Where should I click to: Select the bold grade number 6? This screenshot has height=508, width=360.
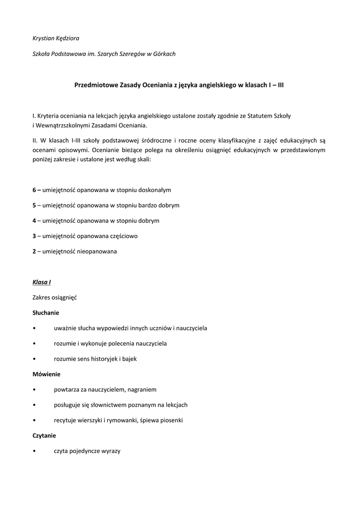[34, 190]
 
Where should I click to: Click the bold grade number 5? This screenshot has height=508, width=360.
[34, 205]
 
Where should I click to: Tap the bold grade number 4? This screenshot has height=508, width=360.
[34, 221]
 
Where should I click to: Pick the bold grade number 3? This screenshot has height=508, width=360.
[34, 236]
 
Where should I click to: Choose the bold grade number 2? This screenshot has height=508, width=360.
[34, 252]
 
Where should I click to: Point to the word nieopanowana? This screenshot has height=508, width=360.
[97, 252]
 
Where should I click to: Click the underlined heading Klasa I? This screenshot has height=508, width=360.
[42, 282]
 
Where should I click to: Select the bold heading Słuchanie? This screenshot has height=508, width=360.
[46, 313]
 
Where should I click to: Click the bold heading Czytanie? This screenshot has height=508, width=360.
[44, 436]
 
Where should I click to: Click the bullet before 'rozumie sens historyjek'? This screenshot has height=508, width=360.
[34, 359]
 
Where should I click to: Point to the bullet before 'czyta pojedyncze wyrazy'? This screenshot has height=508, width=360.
[34, 451]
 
